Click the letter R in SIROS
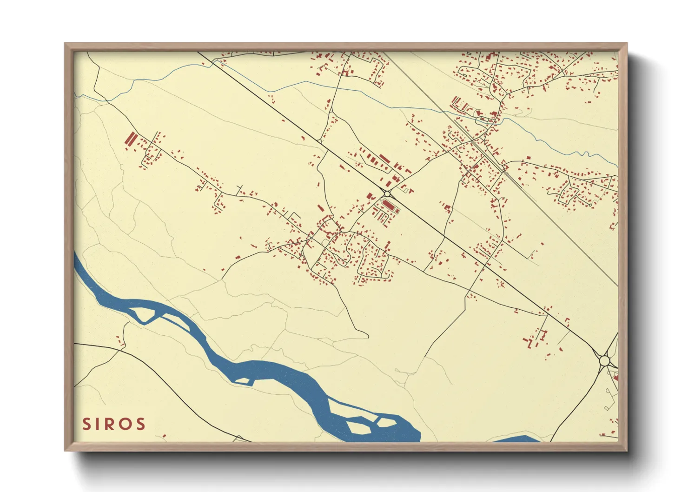tap(113, 424)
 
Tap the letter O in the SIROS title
tap(126, 424)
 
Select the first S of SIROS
tap(86, 424)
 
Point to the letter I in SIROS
tap(99, 424)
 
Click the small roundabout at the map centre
tap(387, 193)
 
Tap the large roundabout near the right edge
tap(604, 360)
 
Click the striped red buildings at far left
tap(131, 139)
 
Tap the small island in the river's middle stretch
tap(244, 381)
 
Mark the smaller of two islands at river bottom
tap(385, 422)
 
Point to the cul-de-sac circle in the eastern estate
tap(590, 205)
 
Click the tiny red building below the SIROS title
tap(164, 437)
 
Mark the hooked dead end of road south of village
tap(367, 336)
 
